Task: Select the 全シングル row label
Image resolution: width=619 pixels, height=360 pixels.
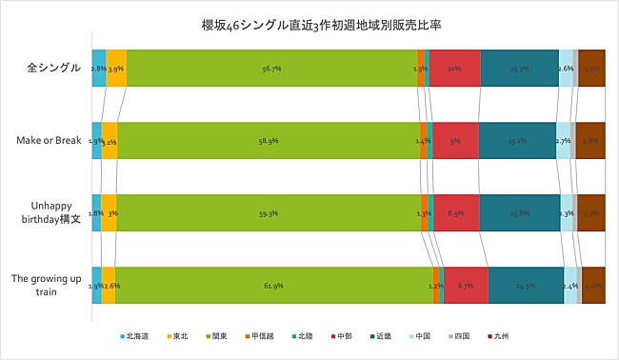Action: coord(53,69)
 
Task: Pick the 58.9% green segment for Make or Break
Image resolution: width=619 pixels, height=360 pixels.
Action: coord(268,141)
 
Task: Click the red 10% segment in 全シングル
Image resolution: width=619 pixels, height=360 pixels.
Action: coord(455,69)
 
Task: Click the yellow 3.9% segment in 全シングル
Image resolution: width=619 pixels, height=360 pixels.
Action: coord(115,69)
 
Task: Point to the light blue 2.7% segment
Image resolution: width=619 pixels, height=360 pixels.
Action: coord(563,141)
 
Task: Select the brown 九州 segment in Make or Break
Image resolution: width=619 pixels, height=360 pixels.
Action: coord(590,141)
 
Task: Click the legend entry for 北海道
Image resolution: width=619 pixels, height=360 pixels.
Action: coord(138,336)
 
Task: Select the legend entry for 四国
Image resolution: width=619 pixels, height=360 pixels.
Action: coord(458,336)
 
